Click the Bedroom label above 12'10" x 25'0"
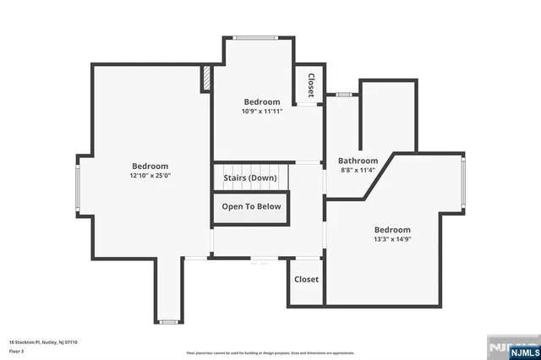pyautogui.click(x=150, y=166)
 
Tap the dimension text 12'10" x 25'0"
pyautogui.click(x=150, y=177)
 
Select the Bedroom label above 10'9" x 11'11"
pyautogui.click(x=261, y=101)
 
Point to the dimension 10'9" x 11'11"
pyautogui.click(x=261, y=111)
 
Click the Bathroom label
pyautogui.click(x=358, y=161)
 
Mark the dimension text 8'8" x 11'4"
pyautogui.click(x=358, y=170)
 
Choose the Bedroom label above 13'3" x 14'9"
pyautogui.click(x=392, y=230)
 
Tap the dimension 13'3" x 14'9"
pyautogui.click(x=392, y=239)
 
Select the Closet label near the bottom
pyautogui.click(x=306, y=280)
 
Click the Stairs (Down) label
pyautogui.click(x=249, y=178)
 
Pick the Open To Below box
pyautogui.click(x=251, y=207)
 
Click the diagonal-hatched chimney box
pyautogui.click(x=205, y=79)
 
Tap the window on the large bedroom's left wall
pyautogui.click(x=78, y=188)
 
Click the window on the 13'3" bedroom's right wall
pyautogui.click(x=462, y=183)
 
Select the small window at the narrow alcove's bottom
pyautogui.click(x=169, y=321)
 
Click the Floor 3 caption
pyautogui.click(x=16, y=350)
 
